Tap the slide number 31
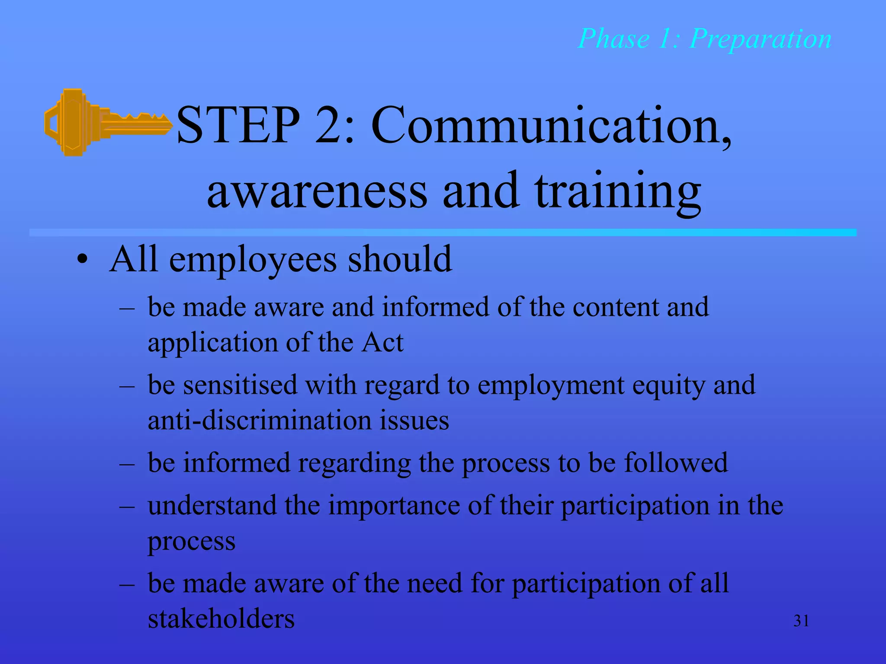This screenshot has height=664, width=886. coord(801,621)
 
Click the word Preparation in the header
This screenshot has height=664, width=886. coord(760,39)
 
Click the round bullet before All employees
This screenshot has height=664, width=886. coord(82,260)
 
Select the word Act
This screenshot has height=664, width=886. coord(382,342)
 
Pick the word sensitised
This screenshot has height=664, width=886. coord(240,385)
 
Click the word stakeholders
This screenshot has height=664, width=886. coord(221,618)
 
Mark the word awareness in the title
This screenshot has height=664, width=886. coord(317,191)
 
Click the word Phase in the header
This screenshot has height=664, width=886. coord(613,39)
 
